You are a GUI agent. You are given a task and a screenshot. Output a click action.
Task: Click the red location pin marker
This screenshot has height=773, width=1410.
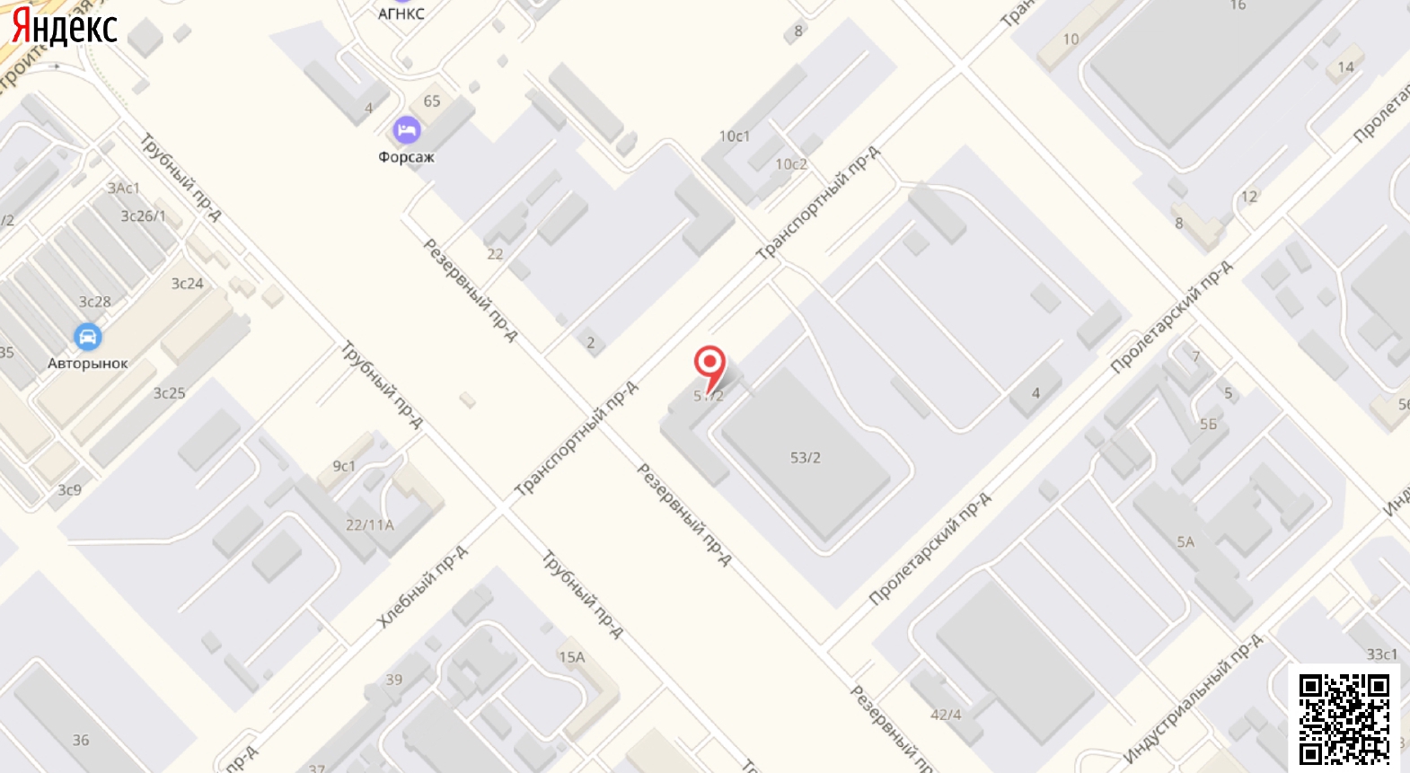(709, 365)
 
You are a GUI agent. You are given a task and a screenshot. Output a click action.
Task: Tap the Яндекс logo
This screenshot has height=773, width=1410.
(64, 27)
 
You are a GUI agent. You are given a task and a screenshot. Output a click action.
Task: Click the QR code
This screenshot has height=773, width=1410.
(1344, 718)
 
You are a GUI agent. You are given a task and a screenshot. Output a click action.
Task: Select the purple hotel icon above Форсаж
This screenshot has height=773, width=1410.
(407, 131)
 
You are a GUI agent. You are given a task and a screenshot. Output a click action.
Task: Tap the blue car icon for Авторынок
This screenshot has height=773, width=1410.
(87, 338)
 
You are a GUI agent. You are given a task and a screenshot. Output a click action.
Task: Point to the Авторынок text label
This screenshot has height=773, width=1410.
(88, 364)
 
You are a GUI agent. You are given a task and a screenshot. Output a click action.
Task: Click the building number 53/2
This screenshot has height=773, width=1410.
(805, 458)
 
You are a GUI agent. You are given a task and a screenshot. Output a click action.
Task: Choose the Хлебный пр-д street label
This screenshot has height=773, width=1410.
(422, 586)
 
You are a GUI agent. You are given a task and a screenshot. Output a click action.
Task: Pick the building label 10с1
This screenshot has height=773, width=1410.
(734, 136)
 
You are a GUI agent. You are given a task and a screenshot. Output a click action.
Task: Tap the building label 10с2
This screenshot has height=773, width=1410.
(790, 164)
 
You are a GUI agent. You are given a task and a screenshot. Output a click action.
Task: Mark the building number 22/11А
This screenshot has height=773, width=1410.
(369, 525)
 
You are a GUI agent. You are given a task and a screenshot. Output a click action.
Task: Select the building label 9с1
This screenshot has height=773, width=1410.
(344, 466)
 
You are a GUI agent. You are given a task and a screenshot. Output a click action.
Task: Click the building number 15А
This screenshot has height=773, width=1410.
(571, 657)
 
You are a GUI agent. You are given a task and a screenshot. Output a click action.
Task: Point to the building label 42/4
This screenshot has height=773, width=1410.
(946, 715)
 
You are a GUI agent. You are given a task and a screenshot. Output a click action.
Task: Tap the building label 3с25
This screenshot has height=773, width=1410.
(169, 393)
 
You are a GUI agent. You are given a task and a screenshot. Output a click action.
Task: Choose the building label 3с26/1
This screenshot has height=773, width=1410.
(143, 216)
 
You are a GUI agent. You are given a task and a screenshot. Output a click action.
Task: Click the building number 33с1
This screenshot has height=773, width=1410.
(1381, 654)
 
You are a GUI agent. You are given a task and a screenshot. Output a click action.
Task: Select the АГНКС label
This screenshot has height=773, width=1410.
(401, 13)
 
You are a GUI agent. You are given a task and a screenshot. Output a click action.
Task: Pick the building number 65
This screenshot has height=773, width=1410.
(432, 101)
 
